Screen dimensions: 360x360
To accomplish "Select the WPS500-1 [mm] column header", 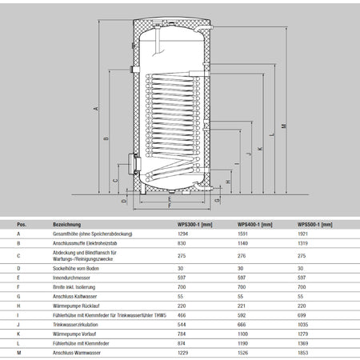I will (314, 225).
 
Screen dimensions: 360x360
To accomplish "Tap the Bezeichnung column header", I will (66, 225).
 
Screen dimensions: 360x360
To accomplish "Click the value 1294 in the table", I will (185, 234).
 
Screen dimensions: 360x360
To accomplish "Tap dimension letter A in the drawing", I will (96, 108).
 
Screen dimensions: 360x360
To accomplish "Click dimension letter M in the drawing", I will (284, 126).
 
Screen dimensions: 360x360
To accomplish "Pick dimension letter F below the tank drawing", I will (168, 206).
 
